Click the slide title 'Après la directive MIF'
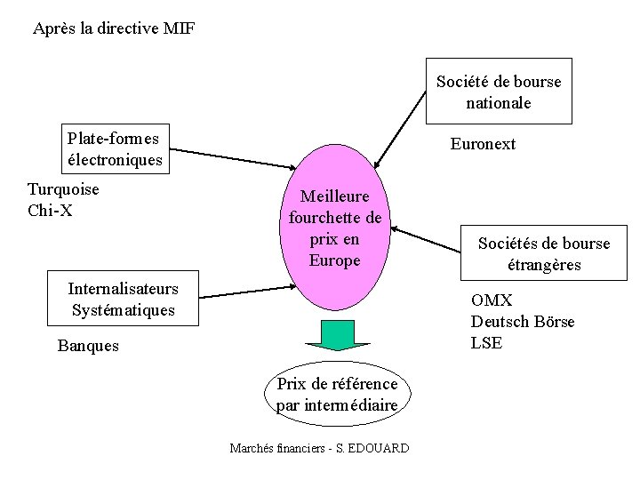point(114,28)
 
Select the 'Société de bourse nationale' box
point(499,92)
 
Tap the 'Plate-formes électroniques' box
point(115,148)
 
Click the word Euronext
point(483,144)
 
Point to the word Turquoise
point(63,188)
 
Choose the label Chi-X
point(50,210)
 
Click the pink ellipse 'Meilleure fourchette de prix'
point(335,228)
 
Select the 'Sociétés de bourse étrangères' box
point(544,253)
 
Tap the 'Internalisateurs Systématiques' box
point(124,300)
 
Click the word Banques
point(88,346)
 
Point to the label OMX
point(492,300)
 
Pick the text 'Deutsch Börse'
point(523,322)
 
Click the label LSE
point(486,343)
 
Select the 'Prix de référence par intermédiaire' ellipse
point(337,395)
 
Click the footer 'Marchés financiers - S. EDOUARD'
point(319,448)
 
